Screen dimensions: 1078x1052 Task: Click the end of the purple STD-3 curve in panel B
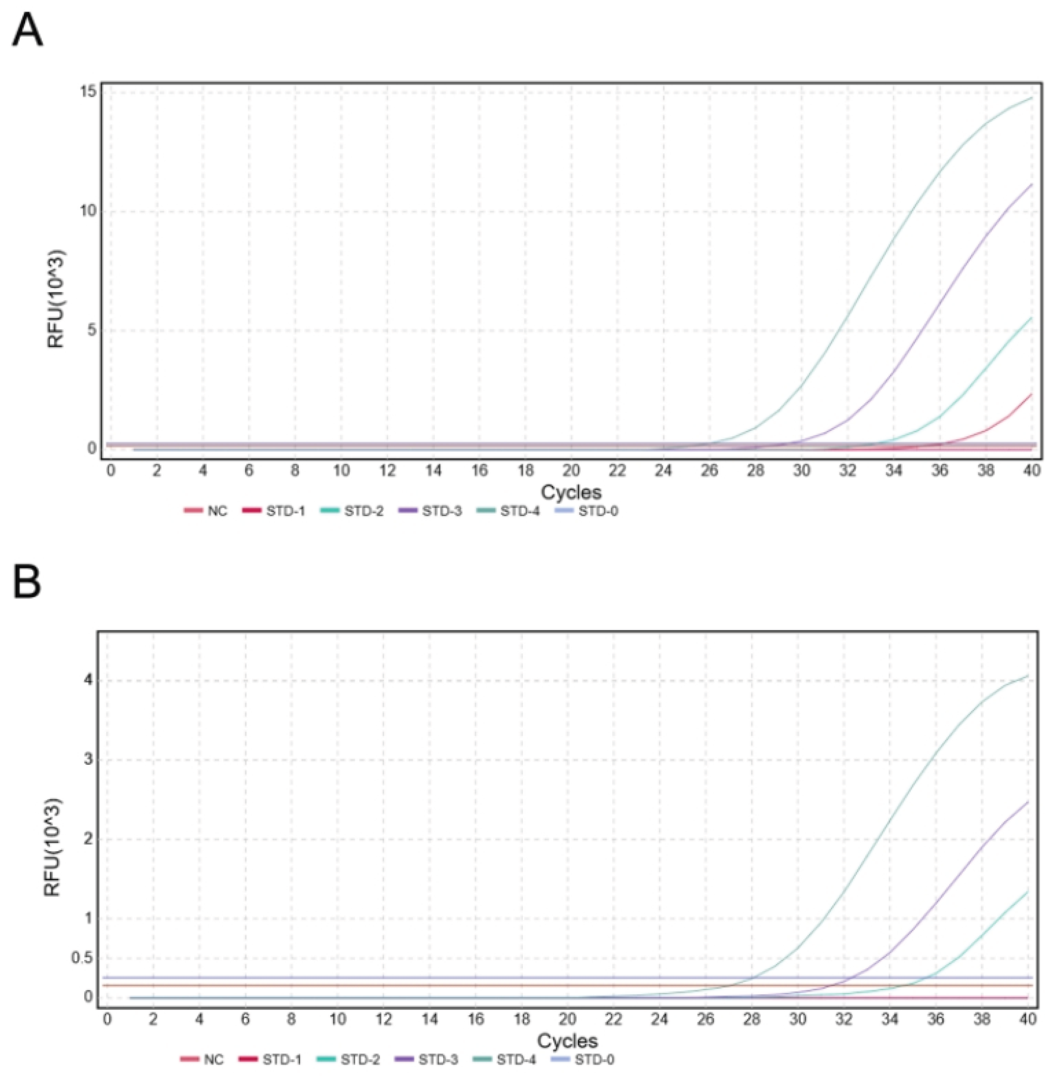[1028, 801]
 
